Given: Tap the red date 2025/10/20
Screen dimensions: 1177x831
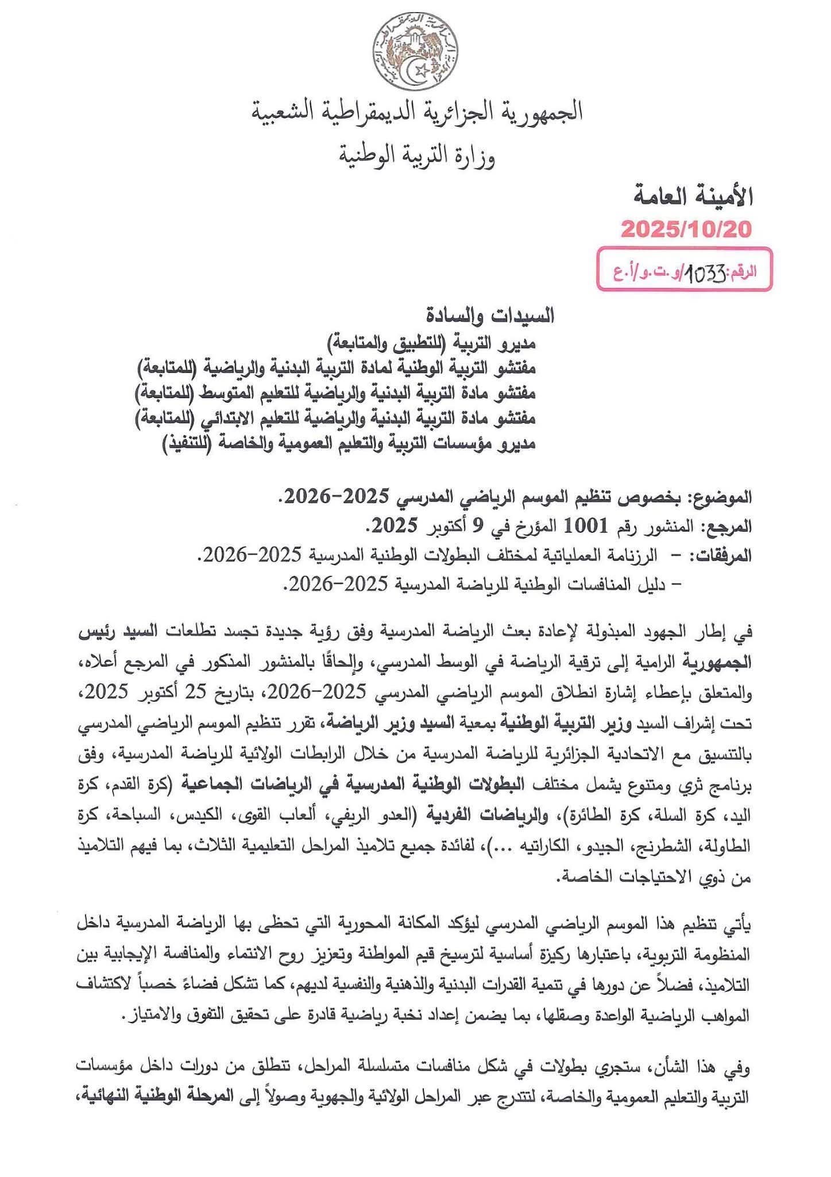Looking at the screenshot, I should pos(686,230).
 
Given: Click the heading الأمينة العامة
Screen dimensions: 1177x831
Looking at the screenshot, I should pos(693,197).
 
